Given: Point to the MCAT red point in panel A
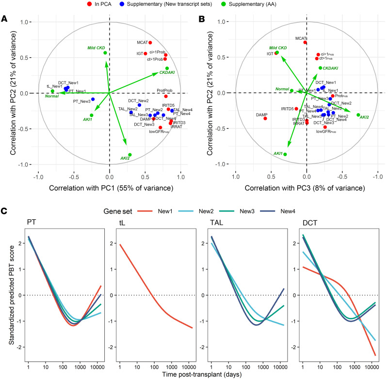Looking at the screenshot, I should tap(150, 43).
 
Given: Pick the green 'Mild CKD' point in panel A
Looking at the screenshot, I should tap(105, 53).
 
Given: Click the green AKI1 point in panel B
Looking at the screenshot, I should tap(285, 154).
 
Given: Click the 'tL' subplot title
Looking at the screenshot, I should tap(119, 224).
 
